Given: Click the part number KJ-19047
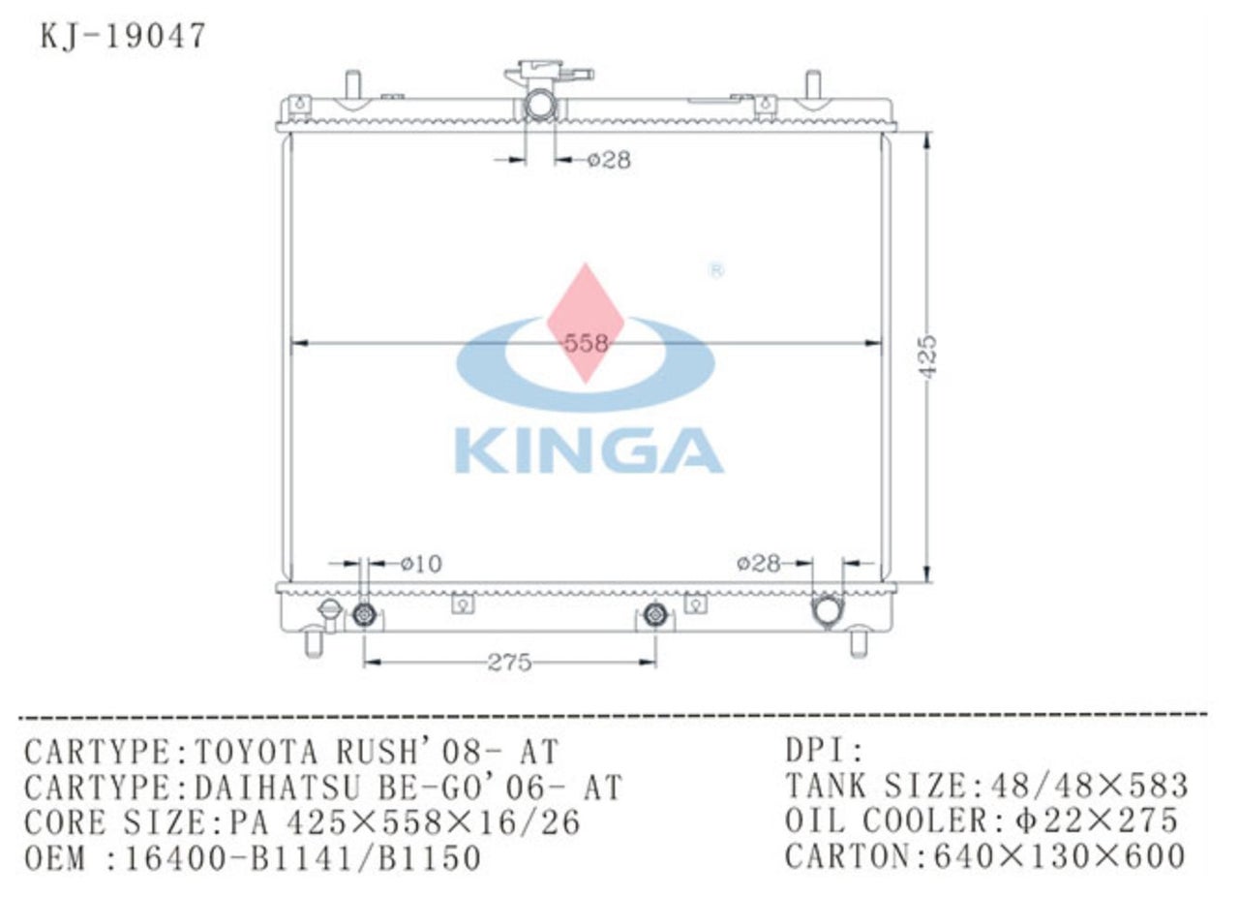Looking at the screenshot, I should point(123,36).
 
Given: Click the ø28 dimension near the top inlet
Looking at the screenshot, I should point(608,161).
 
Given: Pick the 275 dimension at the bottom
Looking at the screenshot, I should point(509,663).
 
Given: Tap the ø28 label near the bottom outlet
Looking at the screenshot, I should point(758,563).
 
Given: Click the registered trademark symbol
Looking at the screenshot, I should point(716,271).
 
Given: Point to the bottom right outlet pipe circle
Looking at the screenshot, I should point(828,610).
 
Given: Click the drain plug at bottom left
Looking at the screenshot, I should point(329,612).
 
